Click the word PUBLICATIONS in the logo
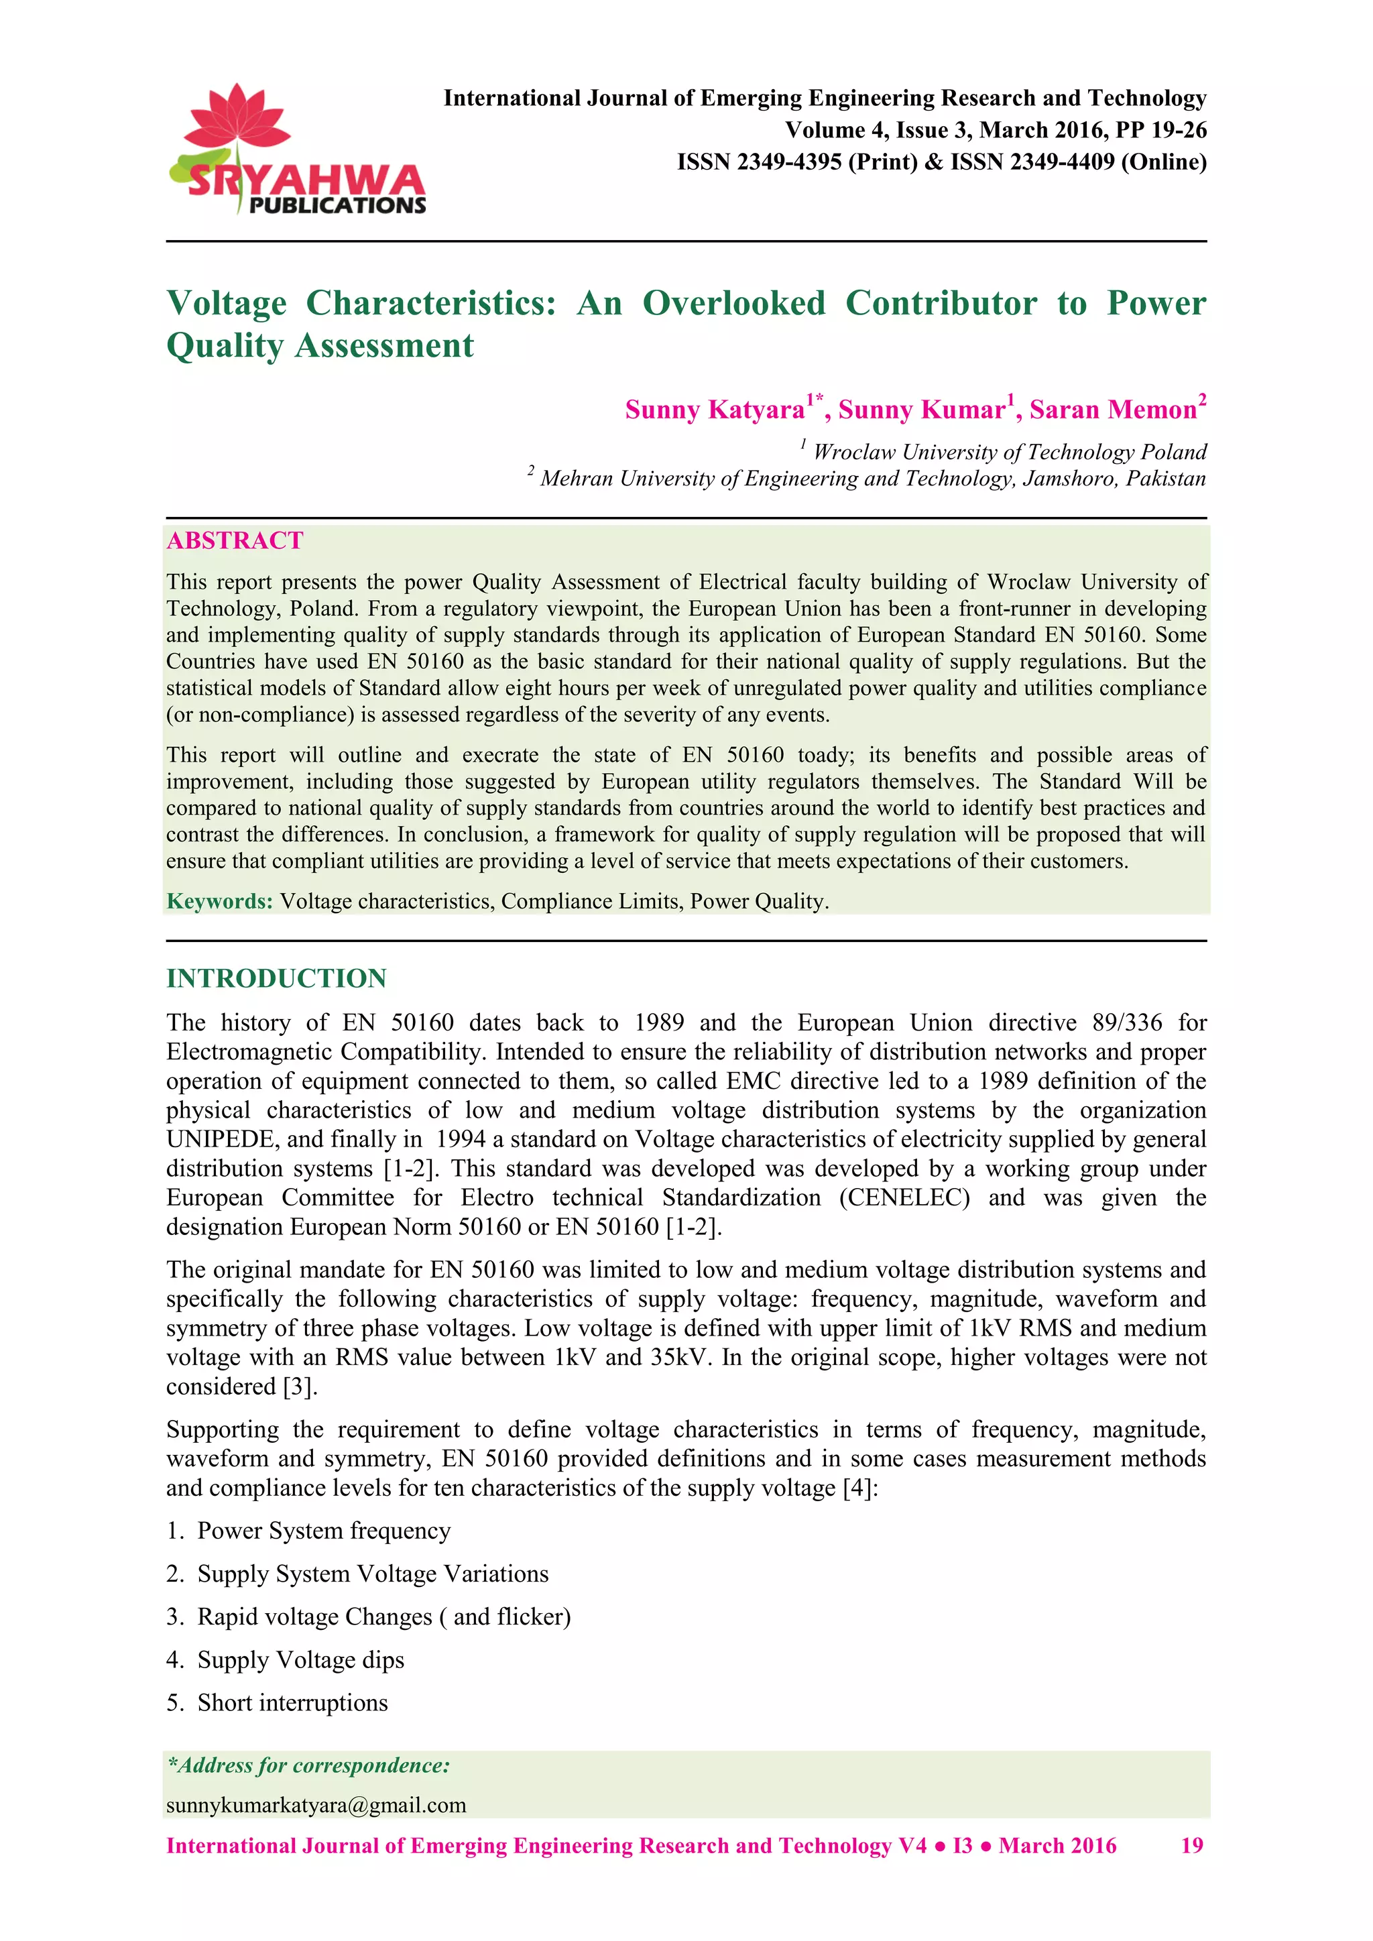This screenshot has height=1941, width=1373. pyautogui.click(x=337, y=205)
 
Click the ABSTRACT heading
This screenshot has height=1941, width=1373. pyautogui.click(x=235, y=541)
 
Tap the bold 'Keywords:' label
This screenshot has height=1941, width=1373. pyautogui.click(x=220, y=901)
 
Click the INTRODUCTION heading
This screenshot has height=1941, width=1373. pyautogui.click(x=276, y=978)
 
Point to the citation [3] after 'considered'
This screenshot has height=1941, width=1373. pyautogui.click(x=300, y=1387)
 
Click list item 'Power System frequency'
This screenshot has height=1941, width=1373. pyautogui.click(x=323, y=1531)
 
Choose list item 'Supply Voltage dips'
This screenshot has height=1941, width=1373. pyautogui.click(x=300, y=1659)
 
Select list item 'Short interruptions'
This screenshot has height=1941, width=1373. pyautogui.click(x=292, y=1702)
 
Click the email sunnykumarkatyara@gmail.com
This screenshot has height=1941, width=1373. pyautogui.click(x=316, y=1805)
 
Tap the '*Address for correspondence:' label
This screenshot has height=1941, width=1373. pyautogui.click(x=308, y=1765)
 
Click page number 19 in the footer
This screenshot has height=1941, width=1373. pyautogui.click(x=1191, y=1846)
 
